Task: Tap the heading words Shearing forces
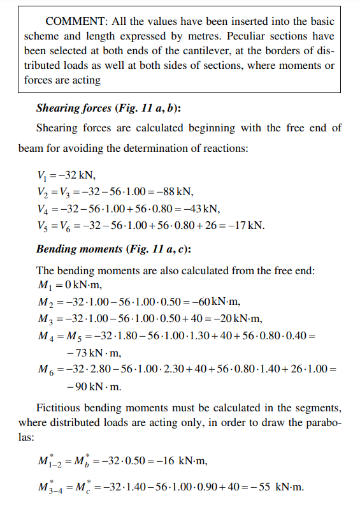tap(73, 108)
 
